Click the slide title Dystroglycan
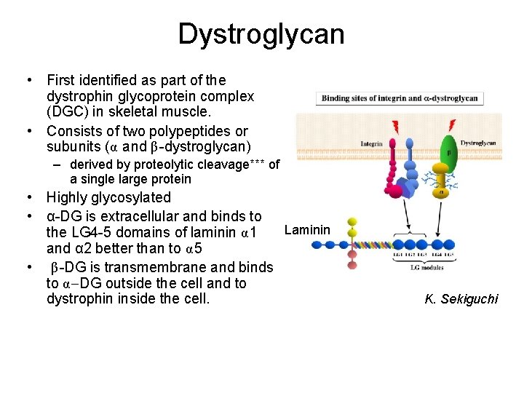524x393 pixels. [x=261, y=34]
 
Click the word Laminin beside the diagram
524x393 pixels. [x=306, y=231]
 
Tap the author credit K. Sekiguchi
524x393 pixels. [x=461, y=298]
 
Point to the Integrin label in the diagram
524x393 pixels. [x=371, y=143]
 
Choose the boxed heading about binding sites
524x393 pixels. [x=400, y=98]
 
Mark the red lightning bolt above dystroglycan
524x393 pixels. [x=452, y=124]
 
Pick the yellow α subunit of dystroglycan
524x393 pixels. [x=442, y=192]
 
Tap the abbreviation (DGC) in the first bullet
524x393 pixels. [x=67, y=112]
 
